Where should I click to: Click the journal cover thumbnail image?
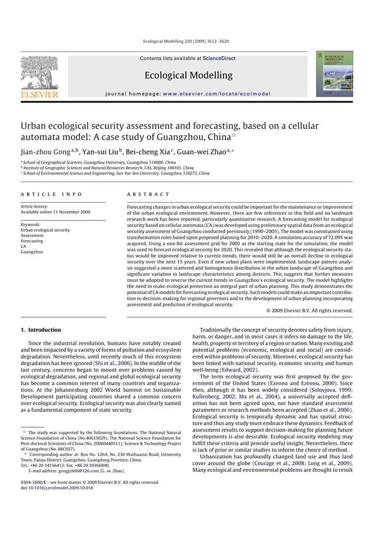coord(335,74)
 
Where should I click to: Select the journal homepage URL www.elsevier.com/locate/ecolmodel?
coord(216,94)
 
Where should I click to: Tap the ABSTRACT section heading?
coord(146,196)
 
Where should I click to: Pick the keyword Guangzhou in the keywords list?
coord(33,252)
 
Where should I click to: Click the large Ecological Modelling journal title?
coord(188,76)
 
